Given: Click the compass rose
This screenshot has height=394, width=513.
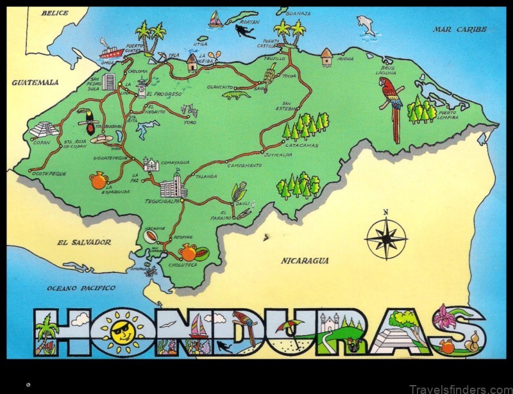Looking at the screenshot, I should coord(386,238).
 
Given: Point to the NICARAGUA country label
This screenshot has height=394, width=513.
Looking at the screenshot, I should coord(305,261).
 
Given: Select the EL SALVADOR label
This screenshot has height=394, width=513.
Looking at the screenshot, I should coord(84,243).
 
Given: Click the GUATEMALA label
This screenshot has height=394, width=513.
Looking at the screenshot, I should coord(35,82).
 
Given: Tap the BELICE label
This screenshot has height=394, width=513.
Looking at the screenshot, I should coord(55,13).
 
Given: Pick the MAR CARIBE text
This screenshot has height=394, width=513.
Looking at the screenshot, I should coord(459,29).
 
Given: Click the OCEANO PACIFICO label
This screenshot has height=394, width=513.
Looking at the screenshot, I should coord(81,288).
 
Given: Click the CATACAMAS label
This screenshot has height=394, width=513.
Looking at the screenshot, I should coord(303,145).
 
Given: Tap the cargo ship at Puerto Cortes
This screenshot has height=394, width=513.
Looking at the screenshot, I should coord(110,49).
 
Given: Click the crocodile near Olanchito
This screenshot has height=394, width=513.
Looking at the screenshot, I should coord(235,95).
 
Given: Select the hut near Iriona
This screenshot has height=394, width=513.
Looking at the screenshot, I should coord(327,57).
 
